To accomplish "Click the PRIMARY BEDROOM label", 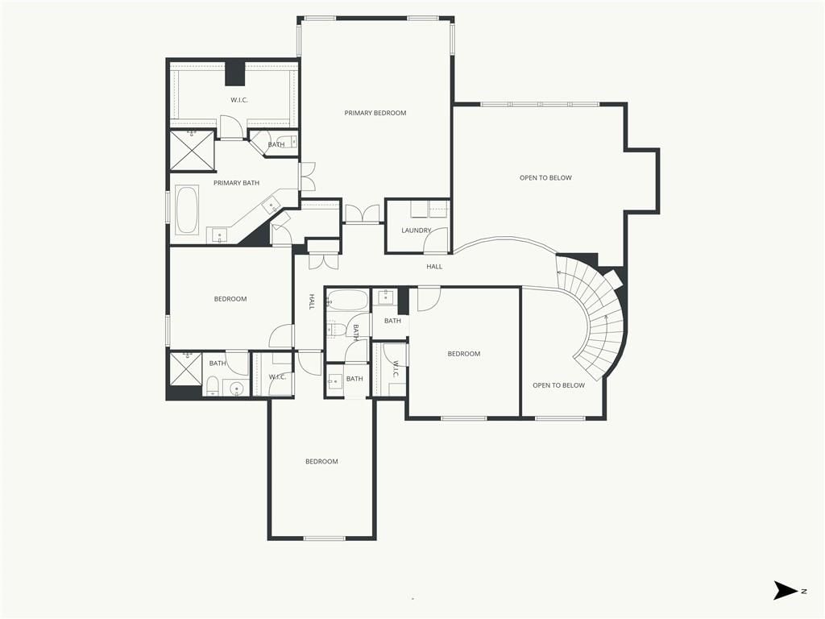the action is point(375,113).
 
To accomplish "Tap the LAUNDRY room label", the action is point(417,230).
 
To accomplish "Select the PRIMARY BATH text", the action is point(236,183).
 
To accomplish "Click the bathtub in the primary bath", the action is point(187,210).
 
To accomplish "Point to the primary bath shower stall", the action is point(192,150).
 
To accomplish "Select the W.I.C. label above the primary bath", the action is point(239,100).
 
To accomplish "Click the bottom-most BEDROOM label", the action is point(321,462).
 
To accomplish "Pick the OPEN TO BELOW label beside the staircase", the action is point(558,385).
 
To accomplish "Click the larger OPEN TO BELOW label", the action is point(545,178).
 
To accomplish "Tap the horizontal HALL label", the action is point(434,266).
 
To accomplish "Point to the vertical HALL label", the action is point(312,301).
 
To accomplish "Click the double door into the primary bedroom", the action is point(362,214).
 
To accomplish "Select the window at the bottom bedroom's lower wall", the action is point(325,538).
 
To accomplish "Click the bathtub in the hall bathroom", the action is point(346,301).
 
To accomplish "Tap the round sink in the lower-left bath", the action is point(237,388).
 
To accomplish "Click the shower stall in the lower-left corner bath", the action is point(186,369).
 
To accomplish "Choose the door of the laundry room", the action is point(437,240).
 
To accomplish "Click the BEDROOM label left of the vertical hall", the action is point(230,299).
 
